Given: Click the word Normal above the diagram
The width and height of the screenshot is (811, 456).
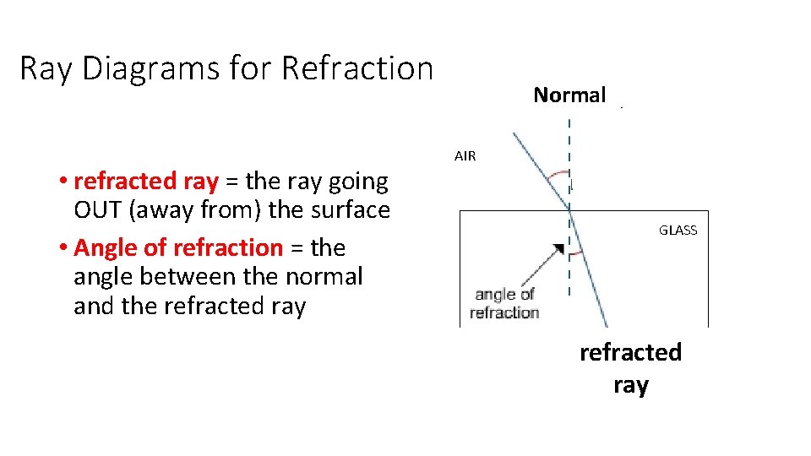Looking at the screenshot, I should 569,95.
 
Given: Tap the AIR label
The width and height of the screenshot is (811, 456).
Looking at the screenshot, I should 465,156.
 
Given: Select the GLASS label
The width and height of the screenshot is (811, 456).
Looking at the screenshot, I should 678,231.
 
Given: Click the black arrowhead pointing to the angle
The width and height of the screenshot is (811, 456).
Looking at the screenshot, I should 558,249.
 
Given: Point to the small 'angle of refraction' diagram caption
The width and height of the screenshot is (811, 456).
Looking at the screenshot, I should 505,303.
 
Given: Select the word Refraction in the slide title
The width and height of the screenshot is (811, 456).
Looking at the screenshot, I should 357,68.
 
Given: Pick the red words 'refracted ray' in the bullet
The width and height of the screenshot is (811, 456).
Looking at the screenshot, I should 146,181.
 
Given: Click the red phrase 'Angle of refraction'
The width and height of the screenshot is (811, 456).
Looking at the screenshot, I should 178,247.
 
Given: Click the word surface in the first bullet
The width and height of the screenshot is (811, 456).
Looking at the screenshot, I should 347,209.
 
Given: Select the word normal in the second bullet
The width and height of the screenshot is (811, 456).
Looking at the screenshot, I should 321,276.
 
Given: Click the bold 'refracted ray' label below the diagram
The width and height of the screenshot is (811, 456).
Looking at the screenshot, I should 630,368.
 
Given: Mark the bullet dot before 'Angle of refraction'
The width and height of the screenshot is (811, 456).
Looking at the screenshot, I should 64,248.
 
